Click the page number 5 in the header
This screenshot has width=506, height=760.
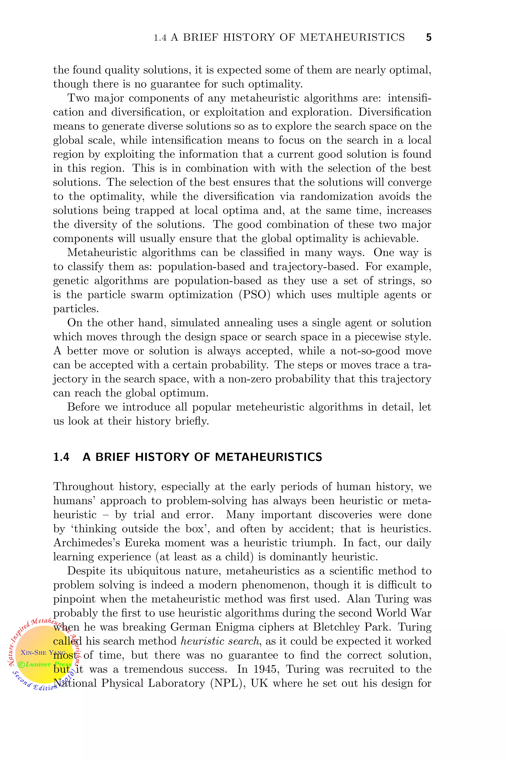pyautogui.click(x=428, y=37)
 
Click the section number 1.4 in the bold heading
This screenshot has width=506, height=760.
pyautogui.click(x=61, y=457)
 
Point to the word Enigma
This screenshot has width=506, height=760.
pyautogui.click(x=231, y=627)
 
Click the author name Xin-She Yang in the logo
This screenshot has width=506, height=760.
pyautogui.click(x=43, y=652)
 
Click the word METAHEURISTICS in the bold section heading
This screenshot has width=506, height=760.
pyautogui.click(x=269, y=457)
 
